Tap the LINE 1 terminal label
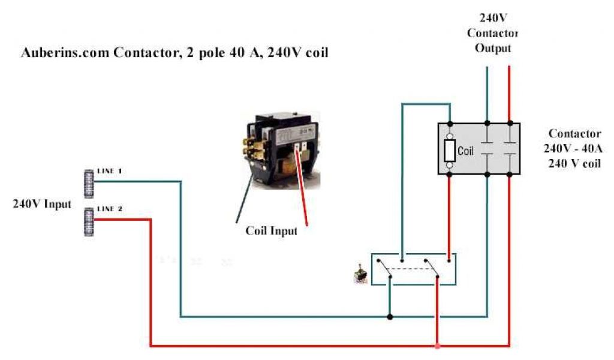[x=109, y=171]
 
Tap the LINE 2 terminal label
[x=109, y=209]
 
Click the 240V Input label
[x=42, y=203]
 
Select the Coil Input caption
[x=271, y=230]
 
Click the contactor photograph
[x=282, y=150]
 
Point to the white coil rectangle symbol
[x=449, y=151]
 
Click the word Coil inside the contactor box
[x=466, y=151]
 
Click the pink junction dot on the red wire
[x=438, y=346]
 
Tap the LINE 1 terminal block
[x=89, y=183]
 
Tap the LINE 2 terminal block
[x=89, y=221]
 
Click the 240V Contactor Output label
[x=493, y=32]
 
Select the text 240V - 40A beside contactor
[x=574, y=149]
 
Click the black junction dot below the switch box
[x=390, y=316]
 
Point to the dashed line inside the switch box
[x=414, y=268]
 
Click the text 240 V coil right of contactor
[x=574, y=164]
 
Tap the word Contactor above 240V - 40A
[x=574, y=134]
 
